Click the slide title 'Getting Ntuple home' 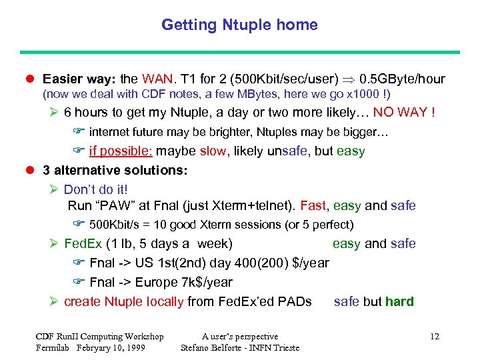(x=239, y=25)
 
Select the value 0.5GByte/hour (x=402, y=79)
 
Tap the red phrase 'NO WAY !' (x=405, y=112)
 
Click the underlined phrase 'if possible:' (x=121, y=151)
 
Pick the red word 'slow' (x=213, y=151)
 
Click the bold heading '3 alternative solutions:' (x=115, y=170)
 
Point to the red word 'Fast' (x=313, y=206)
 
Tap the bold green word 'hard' (x=399, y=301)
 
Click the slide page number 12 (x=435, y=337)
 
